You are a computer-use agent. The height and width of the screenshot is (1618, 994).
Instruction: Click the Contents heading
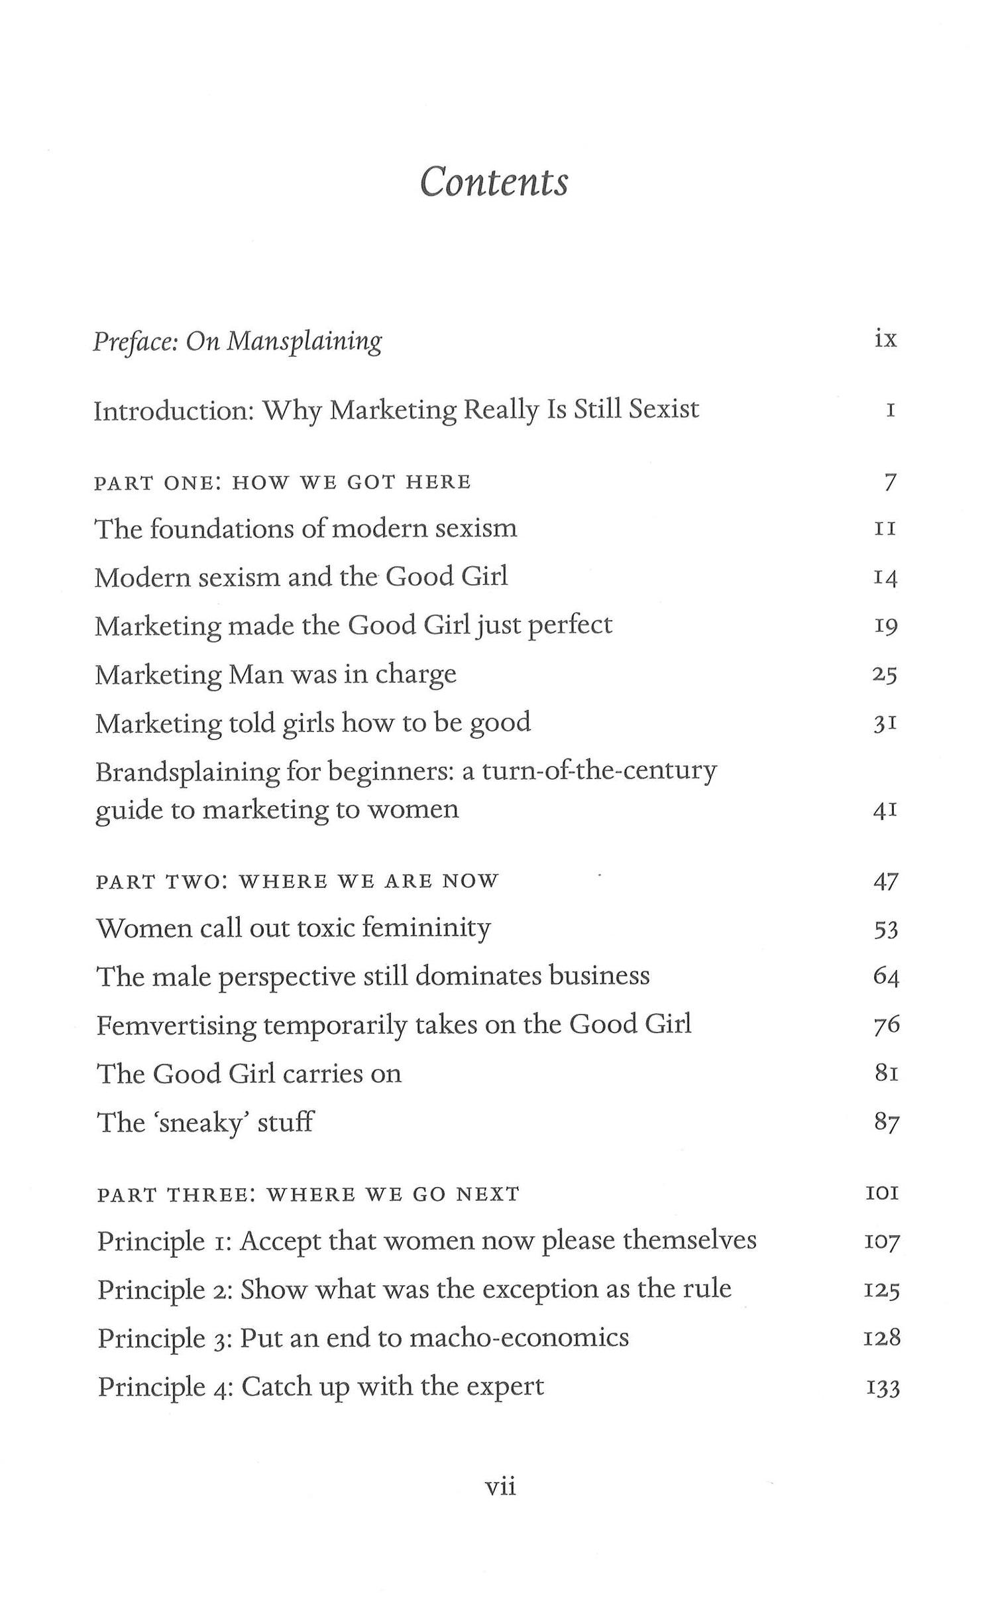[x=494, y=182]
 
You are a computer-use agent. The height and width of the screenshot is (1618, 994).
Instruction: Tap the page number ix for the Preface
[x=885, y=340]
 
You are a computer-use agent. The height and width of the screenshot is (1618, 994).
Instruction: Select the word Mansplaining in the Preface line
[x=304, y=342]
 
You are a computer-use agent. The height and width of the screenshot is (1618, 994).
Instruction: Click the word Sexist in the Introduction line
[x=663, y=409]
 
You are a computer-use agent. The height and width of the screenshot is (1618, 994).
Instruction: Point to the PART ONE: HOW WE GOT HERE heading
[x=282, y=482]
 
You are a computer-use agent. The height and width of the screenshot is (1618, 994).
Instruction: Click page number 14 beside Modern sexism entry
[x=885, y=578]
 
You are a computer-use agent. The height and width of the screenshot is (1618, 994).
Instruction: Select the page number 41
[x=885, y=810]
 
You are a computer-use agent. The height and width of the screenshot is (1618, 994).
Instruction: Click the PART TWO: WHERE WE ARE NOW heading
[x=297, y=881]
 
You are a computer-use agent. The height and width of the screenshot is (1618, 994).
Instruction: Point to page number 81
[x=887, y=1073]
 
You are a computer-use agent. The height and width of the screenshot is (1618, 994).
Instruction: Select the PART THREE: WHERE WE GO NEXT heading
[x=308, y=1194]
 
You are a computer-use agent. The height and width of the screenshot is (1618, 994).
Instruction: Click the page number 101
[x=883, y=1194]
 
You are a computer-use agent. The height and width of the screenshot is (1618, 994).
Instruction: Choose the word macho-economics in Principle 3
[x=519, y=1338]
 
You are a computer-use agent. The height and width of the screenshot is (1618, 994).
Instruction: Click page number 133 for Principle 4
[x=883, y=1387]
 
